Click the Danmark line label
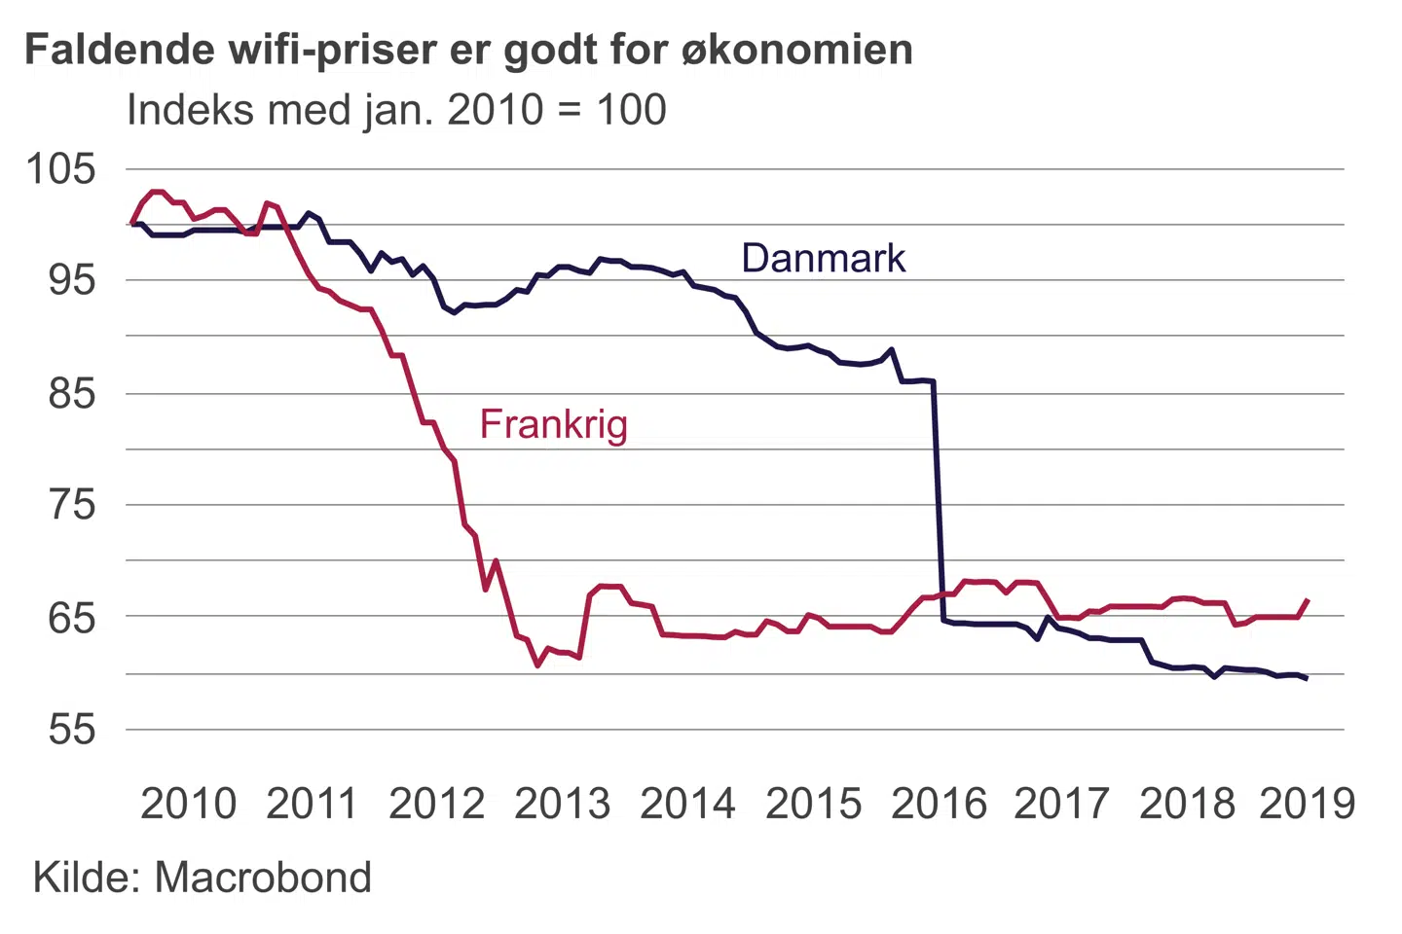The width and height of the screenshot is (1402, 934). click(823, 258)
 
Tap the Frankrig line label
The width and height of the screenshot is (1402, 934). click(553, 424)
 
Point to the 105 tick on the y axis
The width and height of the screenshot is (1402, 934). click(60, 168)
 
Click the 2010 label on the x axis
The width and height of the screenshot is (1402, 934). click(188, 804)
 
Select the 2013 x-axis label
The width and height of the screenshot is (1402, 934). click(562, 804)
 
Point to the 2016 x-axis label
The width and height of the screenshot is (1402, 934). click(939, 804)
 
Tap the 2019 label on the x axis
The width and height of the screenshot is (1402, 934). click(1307, 804)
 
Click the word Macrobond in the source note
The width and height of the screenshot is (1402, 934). click(263, 878)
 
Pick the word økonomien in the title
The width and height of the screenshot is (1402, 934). click(796, 50)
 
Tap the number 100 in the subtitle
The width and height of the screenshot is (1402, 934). click(631, 110)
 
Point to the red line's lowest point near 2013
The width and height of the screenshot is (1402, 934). click(537, 665)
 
